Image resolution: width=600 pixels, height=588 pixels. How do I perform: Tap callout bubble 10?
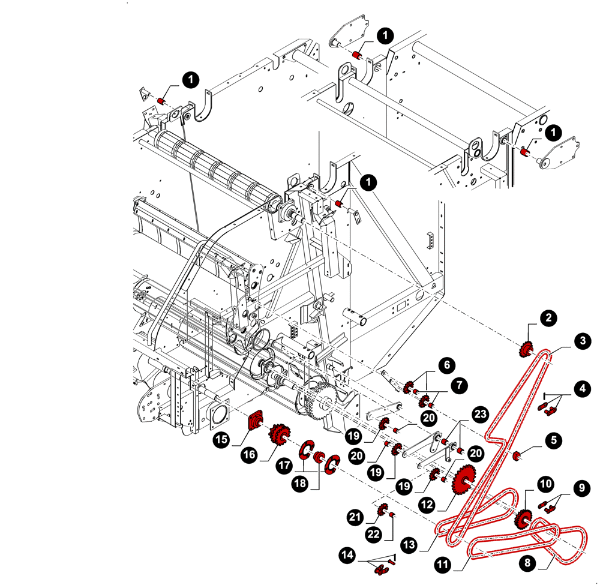[x=545, y=483]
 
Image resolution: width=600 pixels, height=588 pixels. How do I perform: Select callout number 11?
[x=443, y=565]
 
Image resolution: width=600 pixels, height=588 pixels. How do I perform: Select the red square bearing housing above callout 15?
[x=257, y=418]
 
